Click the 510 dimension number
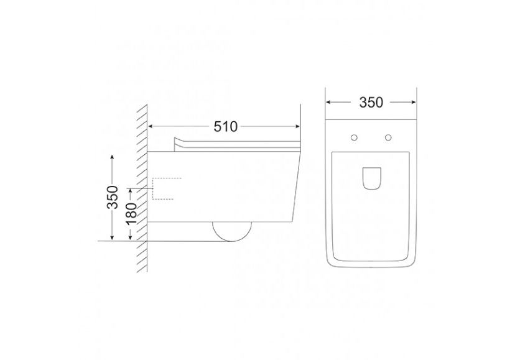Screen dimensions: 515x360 (225, 126)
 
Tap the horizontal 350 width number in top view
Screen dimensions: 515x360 (371, 103)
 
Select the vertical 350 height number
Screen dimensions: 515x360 (113, 197)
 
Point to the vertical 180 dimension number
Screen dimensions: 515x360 (131, 213)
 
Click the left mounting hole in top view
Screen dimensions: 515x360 (354, 137)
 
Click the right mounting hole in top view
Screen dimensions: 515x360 (389, 137)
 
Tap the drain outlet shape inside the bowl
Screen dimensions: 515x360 (372, 178)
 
